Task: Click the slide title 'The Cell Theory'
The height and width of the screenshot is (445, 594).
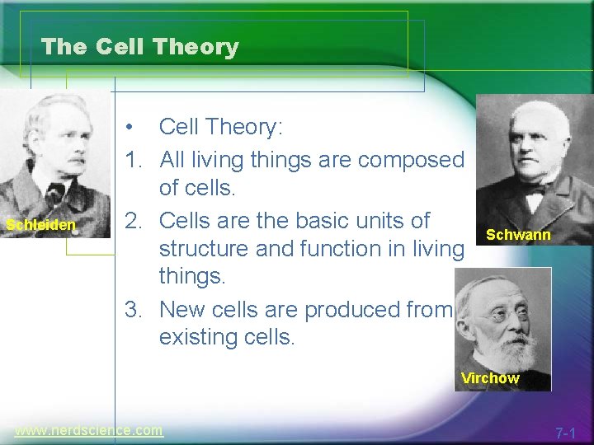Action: (139, 47)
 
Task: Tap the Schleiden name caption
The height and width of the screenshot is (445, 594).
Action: (40, 225)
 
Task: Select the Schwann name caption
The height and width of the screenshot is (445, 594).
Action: (518, 235)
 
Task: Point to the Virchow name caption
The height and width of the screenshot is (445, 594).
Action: (490, 378)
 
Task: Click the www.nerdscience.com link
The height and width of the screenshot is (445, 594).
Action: (89, 430)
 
